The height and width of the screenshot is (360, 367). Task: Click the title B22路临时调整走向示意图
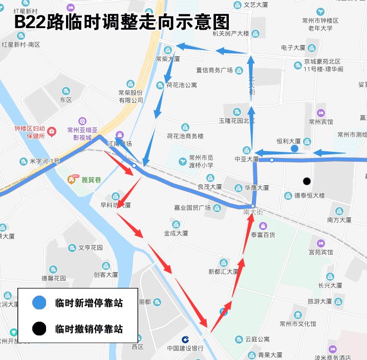tap(121, 22)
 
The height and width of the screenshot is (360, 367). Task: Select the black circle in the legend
tap(39, 328)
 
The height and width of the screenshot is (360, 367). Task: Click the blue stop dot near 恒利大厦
tap(294, 148)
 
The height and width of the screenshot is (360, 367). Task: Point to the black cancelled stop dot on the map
tap(307, 181)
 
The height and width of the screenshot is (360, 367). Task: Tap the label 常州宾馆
tap(320, 122)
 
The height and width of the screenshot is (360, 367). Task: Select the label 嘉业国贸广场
tap(192, 207)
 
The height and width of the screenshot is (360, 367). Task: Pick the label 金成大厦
tap(176, 233)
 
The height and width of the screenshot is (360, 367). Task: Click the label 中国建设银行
tap(185, 348)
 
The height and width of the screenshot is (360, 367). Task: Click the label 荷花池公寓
tap(181, 85)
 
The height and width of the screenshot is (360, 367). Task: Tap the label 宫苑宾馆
tap(320, 252)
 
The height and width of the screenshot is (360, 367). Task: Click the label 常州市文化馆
tap(298, 324)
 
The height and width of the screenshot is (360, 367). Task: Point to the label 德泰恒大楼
tap(310, 195)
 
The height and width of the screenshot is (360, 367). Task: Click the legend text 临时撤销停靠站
tap(89, 328)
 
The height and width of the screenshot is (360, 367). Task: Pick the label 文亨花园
tap(91, 247)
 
